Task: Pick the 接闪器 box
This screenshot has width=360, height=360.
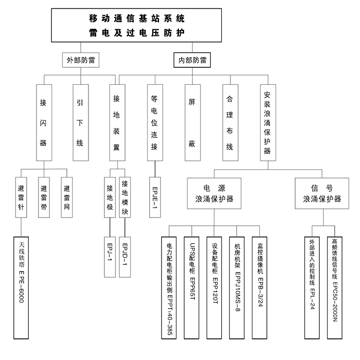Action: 44,122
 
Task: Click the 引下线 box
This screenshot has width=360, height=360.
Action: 80,122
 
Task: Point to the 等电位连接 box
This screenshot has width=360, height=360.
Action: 154,122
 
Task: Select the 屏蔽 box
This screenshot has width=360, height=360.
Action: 192,122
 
